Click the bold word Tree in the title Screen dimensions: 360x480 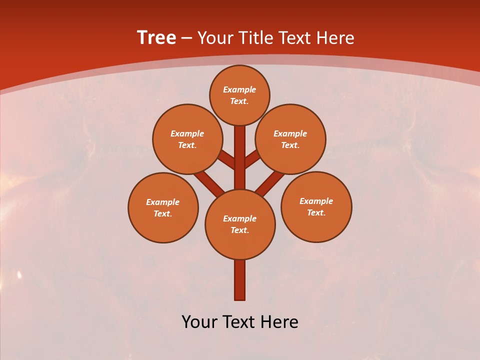point(156,38)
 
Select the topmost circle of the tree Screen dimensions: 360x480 point(239,95)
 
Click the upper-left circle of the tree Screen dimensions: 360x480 point(187,139)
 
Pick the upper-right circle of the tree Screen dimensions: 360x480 point(290,139)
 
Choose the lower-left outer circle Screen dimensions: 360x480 point(163,207)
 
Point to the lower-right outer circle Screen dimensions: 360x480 point(316,206)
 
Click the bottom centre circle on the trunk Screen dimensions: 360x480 point(240,224)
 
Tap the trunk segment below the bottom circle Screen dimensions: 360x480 point(240,280)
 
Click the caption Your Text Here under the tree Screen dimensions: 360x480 point(240,322)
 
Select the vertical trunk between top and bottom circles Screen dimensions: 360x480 point(240,157)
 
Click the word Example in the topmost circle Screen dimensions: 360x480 point(239,89)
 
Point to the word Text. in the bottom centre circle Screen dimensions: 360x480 point(240,230)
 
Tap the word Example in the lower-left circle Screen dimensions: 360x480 point(163,202)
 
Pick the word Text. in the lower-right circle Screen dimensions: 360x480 point(316,212)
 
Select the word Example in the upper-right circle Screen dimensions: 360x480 point(290,133)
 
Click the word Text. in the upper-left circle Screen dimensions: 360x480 point(187,145)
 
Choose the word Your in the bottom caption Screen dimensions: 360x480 point(199,322)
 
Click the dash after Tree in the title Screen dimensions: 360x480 point(187,38)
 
